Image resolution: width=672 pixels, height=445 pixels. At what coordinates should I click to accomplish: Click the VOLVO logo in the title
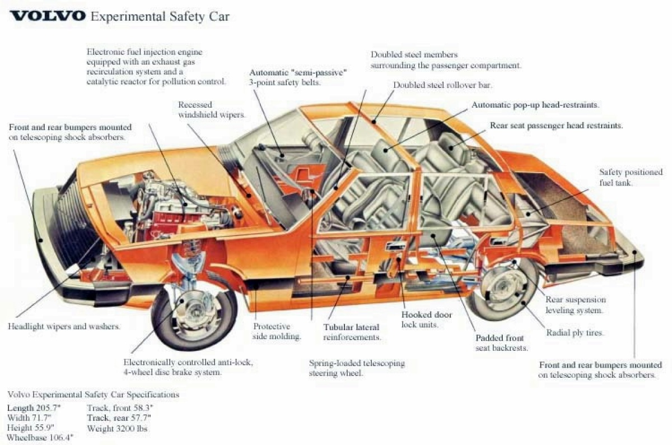coord(48,16)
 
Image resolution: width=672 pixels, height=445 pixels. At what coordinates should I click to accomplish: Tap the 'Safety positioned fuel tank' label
coord(631,178)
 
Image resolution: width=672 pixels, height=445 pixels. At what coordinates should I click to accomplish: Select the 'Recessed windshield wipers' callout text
coord(212,110)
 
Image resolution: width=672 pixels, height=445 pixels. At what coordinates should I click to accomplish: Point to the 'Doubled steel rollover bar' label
coord(442,85)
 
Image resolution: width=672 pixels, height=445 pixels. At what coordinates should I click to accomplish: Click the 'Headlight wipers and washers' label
coord(64,326)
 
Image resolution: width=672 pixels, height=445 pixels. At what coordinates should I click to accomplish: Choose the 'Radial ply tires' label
coord(575,333)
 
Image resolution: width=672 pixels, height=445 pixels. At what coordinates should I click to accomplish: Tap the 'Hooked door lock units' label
coord(426,319)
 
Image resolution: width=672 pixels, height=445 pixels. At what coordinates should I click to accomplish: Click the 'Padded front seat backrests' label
coord(501,343)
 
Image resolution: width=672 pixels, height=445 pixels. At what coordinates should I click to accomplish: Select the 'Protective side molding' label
coord(277,331)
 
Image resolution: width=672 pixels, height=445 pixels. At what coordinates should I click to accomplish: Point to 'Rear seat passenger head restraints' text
coord(556,126)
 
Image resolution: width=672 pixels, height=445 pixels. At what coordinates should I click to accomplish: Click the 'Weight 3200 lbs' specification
coord(117,429)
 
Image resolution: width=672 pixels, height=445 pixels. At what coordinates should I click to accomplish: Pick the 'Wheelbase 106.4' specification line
coord(40,437)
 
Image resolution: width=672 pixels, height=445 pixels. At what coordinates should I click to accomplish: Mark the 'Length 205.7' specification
coord(34,408)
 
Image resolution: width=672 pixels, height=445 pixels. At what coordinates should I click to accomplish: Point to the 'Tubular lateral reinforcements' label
coord(352,332)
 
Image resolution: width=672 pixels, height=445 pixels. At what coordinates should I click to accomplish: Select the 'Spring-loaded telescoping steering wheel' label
coord(357,368)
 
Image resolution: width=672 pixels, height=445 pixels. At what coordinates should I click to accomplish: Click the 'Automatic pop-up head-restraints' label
coord(535,105)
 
